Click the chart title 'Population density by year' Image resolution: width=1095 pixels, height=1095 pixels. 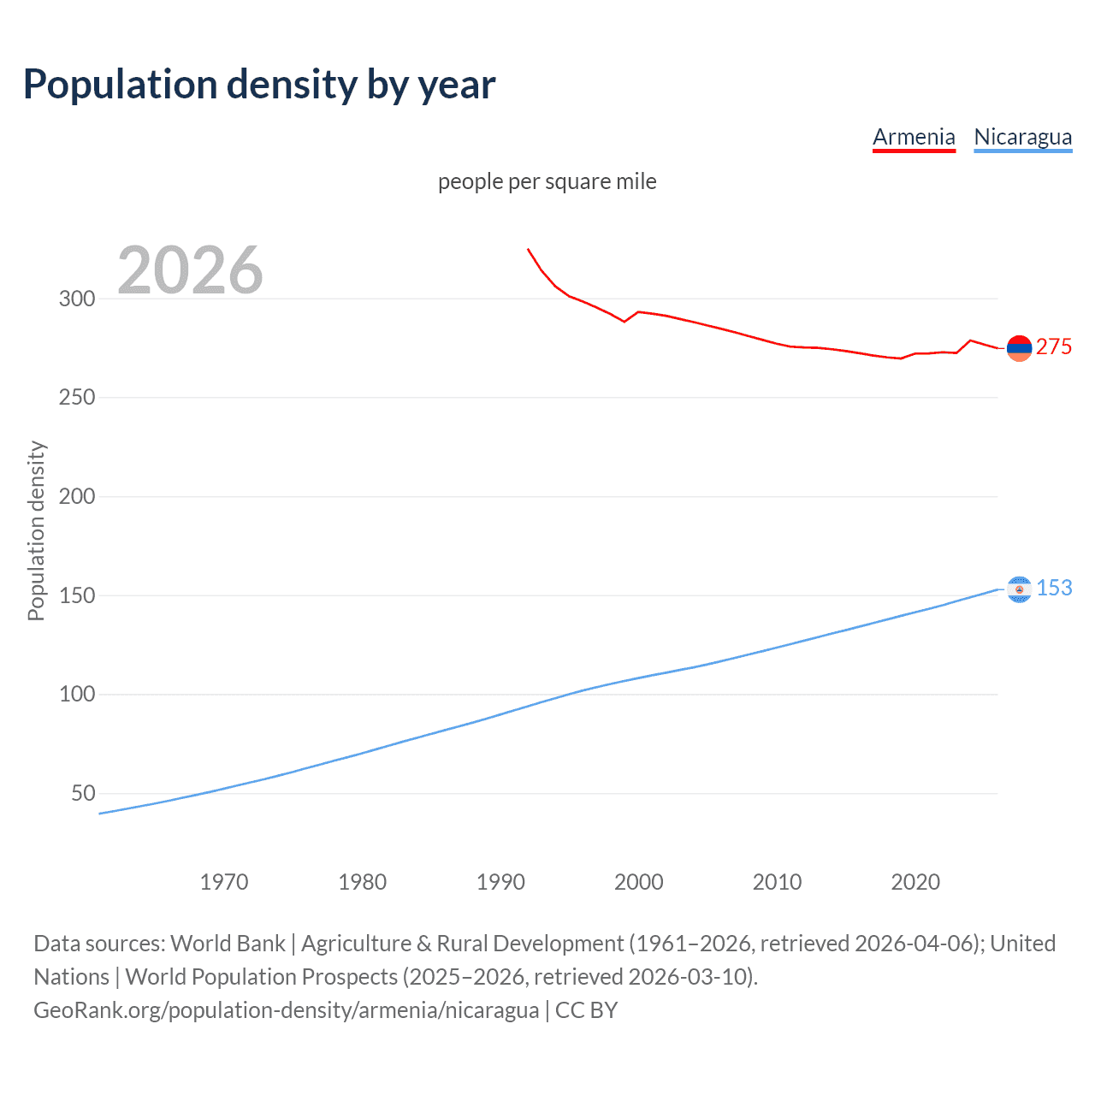[259, 85]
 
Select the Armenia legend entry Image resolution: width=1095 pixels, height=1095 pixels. [914, 137]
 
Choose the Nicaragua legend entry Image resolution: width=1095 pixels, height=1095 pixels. [1022, 137]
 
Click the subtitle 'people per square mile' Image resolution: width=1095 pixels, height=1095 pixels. [547, 181]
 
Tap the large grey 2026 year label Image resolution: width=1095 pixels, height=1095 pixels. [190, 270]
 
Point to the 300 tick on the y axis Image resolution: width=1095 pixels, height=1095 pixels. [76, 299]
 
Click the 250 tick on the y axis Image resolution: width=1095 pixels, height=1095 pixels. [76, 398]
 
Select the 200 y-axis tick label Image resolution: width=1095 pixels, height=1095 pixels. [76, 496]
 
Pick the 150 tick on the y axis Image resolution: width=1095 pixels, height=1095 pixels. [76, 595]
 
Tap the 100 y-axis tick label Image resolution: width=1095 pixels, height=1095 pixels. [76, 694]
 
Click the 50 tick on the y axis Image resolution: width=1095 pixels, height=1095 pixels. [83, 793]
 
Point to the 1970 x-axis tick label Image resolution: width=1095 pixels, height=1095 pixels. [224, 882]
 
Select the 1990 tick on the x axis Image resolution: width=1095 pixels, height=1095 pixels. [500, 882]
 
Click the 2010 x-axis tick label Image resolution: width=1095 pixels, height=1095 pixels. [777, 882]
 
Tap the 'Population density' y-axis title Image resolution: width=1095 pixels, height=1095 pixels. [36, 530]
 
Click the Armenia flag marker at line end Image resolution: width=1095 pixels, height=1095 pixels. [1019, 348]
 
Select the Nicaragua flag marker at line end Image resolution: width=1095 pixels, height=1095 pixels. [1019, 589]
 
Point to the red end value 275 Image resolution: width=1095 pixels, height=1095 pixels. [1053, 346]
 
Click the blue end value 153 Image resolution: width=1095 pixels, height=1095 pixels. [1054, 588]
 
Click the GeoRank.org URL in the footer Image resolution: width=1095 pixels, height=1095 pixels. [287, 1010]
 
